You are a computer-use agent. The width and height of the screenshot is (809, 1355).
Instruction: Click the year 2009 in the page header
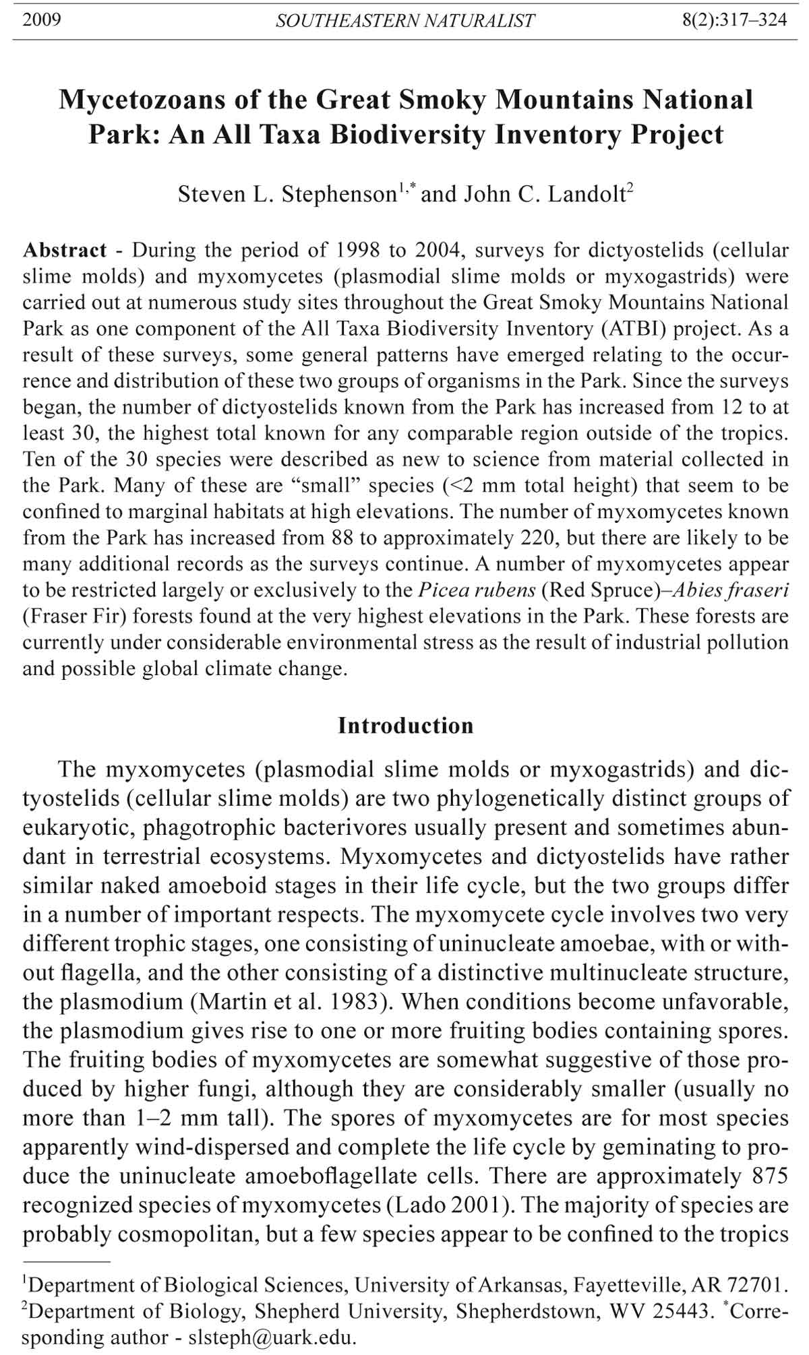(42, 20)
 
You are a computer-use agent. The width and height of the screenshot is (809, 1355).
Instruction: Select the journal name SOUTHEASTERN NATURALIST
(405, 21)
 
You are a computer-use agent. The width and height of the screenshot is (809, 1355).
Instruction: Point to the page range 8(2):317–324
(734, 20)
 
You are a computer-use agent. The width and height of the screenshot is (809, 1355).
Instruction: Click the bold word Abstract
(65, 250)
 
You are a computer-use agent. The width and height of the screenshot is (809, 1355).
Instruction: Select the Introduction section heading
(405, 726)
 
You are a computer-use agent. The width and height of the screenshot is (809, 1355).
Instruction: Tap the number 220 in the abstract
(536, 538)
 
